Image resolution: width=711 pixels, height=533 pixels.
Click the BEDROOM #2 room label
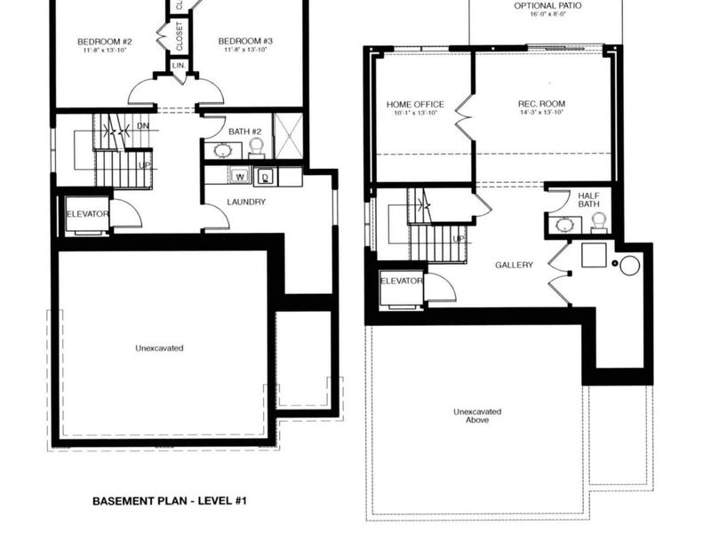click(104, 42)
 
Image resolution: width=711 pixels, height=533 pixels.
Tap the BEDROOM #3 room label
click(245, 42)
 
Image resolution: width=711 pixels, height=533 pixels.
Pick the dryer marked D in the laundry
click(265, 178)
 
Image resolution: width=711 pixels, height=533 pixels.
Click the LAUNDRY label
click(246, 202)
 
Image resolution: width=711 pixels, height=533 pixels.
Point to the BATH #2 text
click(244, 132)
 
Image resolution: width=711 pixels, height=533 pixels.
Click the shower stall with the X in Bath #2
click(288, 136)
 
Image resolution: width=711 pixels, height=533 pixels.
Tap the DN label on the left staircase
click(143, 126)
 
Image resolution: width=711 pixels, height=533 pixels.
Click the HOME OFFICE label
click(415, 104)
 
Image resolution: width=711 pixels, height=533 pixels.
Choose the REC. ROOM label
click(541, 104)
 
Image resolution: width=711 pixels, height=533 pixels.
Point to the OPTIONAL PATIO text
click(548, 6)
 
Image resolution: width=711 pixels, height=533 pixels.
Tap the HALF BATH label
click(589, 200)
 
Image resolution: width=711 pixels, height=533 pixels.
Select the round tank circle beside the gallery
click(630, 265)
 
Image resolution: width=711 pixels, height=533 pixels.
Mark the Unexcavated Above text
click(476, 416)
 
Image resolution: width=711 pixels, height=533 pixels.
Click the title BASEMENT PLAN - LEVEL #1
click(169, 501)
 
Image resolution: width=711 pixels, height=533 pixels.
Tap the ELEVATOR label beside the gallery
click(401, 281)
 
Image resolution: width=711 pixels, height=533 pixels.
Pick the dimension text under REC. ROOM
click(541, 114)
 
